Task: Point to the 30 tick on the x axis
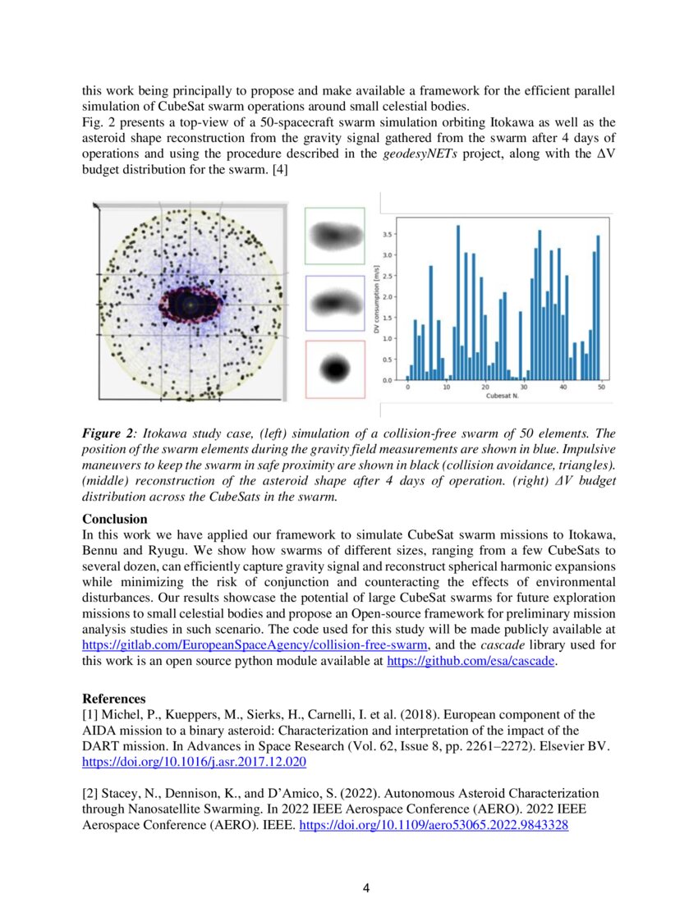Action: click(x=524, y=388)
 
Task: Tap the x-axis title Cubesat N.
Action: click(x=504, y=397)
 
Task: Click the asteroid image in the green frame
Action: click(x=334, y=236)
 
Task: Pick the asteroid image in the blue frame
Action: click(x=334, y=303)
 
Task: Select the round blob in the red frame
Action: click(x=334, y=369)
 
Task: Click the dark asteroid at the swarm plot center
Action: click(x=190, y=305)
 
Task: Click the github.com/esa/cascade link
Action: click(x=471, y=661)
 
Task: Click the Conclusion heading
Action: click(x=114, y=519)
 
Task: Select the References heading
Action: click(x=114, y=699)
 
